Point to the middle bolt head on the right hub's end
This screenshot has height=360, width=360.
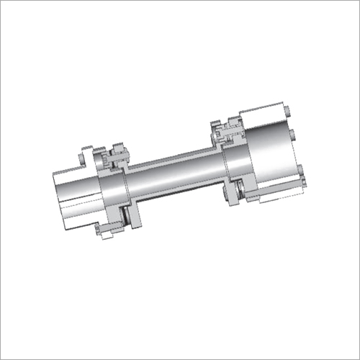point(294,134)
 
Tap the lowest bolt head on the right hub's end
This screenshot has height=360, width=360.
point(302,173)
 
